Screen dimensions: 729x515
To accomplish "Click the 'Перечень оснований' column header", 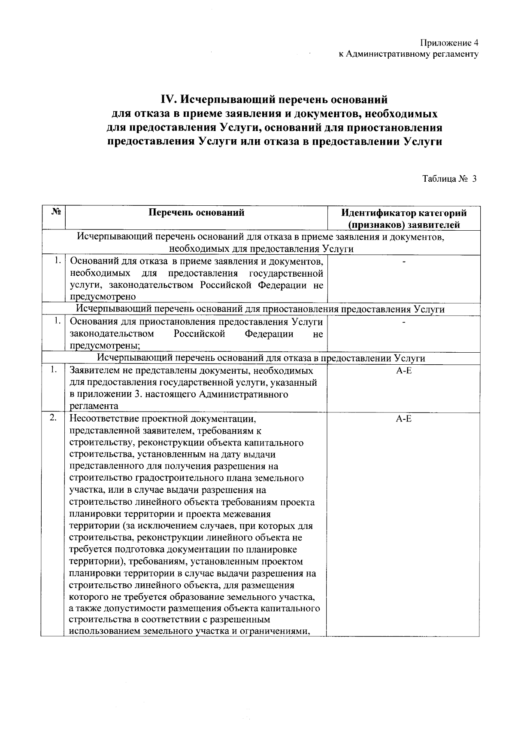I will pos(196,212).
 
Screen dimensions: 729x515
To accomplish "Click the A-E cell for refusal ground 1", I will pos(403,370).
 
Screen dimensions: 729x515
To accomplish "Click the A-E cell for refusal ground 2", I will pos(403,418).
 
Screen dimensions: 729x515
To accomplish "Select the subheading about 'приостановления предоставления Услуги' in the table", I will pos(260,309).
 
